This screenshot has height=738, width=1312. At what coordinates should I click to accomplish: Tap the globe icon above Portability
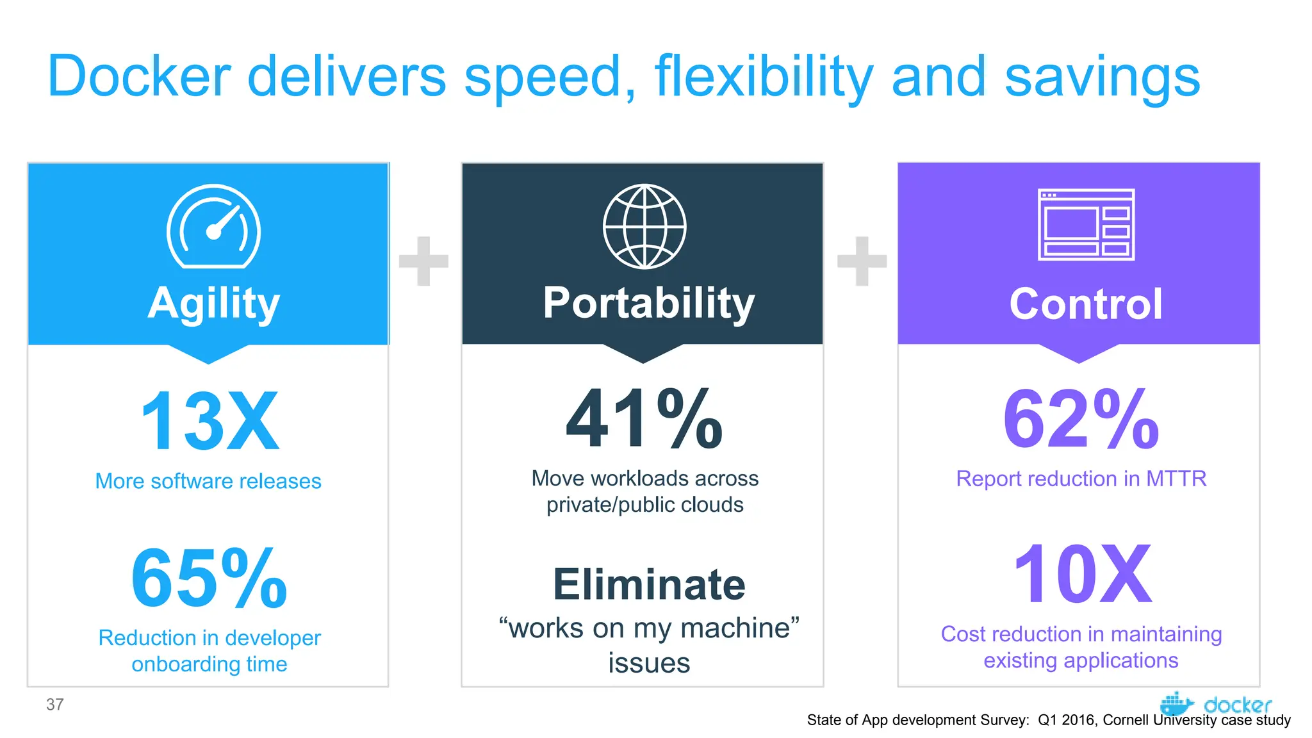(x=644, y=226)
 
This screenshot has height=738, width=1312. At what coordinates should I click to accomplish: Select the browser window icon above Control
(x=1086, y=224)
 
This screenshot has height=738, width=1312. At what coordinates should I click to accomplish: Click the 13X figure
(x=209, y=422)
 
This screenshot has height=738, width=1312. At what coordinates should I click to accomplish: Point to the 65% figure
(x=209, y=578)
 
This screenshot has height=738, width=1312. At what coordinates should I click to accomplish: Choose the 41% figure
(x=644, y=420)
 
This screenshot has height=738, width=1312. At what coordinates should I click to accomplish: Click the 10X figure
(x=1082, y=575)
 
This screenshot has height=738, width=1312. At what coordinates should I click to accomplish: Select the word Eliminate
(x=649, y=584)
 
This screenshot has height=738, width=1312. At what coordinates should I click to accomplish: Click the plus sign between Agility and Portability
(x=423, y=261)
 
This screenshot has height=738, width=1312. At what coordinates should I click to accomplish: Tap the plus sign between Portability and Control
(x=862, y=261)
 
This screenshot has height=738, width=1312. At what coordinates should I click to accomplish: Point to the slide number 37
(x=55, y=705)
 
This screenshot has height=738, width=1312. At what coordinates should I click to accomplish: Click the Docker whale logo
(x=1176, y=703)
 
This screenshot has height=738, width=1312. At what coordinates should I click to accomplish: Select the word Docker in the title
(x=139, y=77)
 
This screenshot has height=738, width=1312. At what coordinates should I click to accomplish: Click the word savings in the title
(x=1102, y=77)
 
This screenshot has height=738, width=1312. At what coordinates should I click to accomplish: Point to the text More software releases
(x=208, y=481)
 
